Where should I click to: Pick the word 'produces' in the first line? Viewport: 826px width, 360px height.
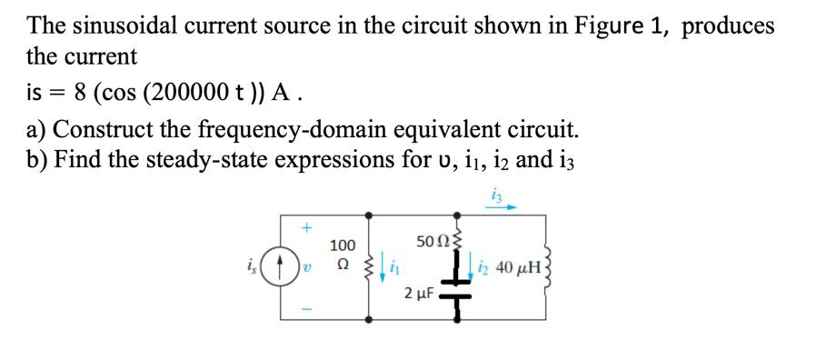click(x=728, y=25)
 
